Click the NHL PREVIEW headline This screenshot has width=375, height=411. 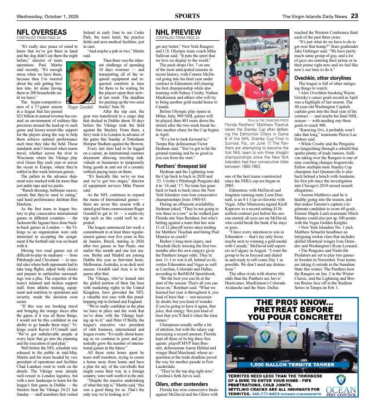click(x=178, y=32)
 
